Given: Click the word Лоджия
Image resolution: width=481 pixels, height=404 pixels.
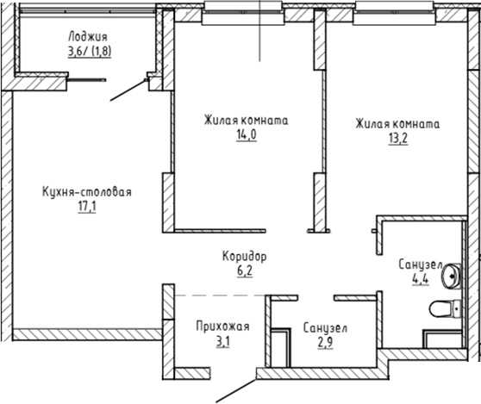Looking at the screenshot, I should pos(86,36).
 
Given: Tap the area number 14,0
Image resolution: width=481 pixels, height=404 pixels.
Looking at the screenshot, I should pos(246,136).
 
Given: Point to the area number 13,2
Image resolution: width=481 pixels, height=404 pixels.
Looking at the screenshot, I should pos(397,138).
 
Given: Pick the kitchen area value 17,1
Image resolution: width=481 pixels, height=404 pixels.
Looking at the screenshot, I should pos(86,208).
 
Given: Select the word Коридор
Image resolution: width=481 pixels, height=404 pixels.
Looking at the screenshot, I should pos(245,257).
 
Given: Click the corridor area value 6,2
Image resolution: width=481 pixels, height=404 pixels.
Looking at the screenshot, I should pos(245,270).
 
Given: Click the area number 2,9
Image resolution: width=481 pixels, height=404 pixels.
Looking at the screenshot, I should pos(325,343).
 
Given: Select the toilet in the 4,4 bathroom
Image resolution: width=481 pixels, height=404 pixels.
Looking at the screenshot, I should pos(447,308).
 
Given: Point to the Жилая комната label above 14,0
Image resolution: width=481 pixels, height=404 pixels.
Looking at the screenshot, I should pos(246,121).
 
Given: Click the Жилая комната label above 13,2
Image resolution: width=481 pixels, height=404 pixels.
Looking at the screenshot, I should pos(397,123).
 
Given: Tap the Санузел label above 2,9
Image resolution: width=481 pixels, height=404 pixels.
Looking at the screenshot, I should pos(325,328).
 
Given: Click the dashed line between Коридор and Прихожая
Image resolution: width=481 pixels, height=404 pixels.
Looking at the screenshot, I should pos(220,295).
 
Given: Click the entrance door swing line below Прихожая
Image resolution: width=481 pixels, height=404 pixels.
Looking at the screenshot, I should pos(234,388).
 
